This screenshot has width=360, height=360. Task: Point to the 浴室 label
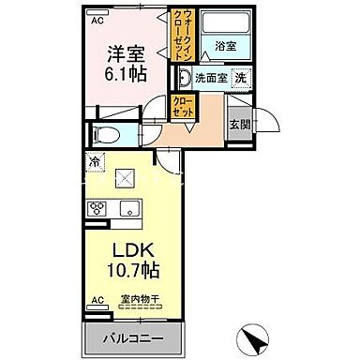pos(225,44)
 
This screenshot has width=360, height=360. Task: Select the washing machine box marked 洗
pos(241,80)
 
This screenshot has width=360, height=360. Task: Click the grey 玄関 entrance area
pos(237,121)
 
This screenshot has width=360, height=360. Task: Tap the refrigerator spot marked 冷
pos(95,162)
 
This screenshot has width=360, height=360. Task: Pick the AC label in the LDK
pos(97,301)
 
